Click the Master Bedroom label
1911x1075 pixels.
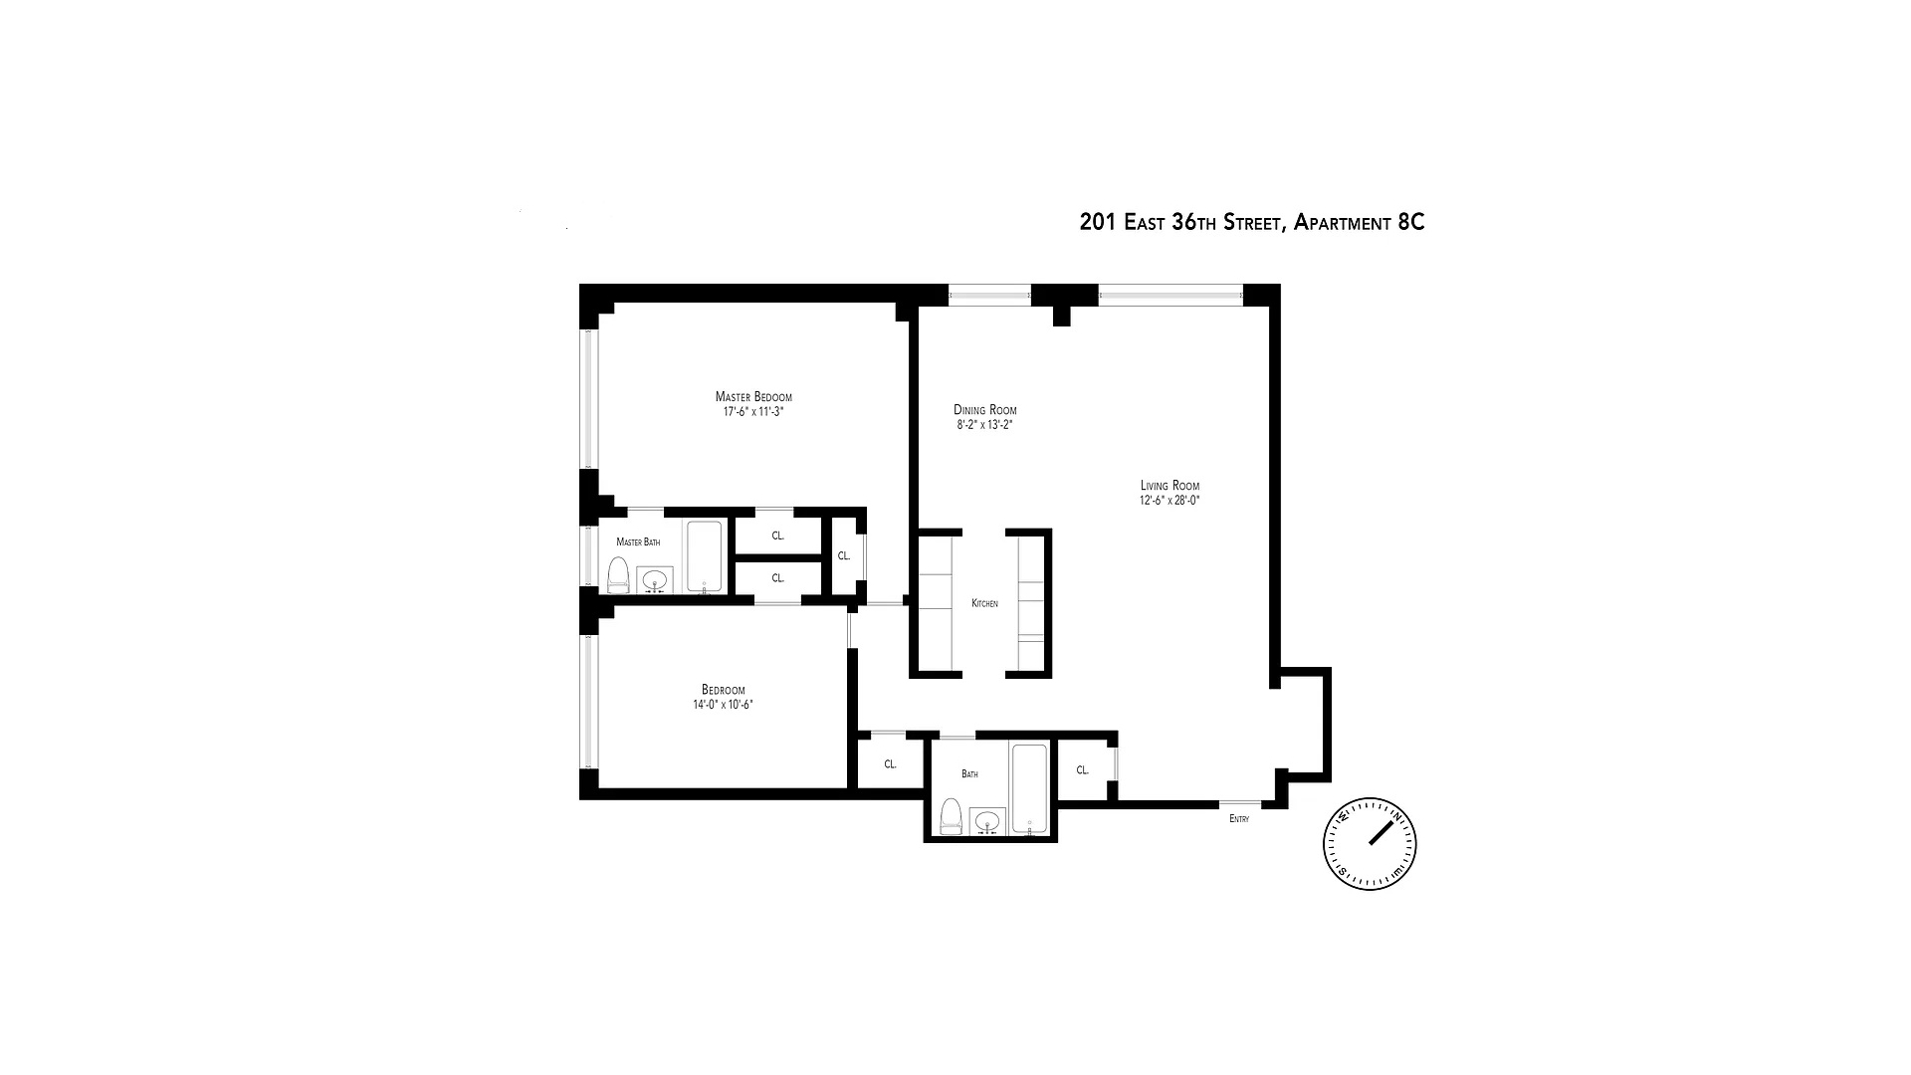[x=753, y=397]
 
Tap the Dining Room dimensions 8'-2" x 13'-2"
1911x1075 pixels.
[x=984, y=425]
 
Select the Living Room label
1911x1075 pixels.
[x=1169, y=486]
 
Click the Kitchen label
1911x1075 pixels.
[x=984, y=604]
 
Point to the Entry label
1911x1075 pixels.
[x=1239, y=819]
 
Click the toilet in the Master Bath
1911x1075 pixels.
[x=618, y=575]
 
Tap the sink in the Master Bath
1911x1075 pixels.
[x=655, y=579]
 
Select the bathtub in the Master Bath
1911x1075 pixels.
[x=704, y=556]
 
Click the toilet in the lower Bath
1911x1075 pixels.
[x=951, y=816]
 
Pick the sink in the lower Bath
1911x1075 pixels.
[x=986, y=821]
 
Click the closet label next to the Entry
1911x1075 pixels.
[x=1082, y=770]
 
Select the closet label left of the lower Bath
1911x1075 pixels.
[x=890, y=764]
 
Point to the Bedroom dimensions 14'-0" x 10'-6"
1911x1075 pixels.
[x=723, y=705]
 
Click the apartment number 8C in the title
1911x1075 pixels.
[x=1411, y=222]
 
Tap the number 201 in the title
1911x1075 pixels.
[x=1098, y=222]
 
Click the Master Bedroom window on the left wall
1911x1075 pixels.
[x=589, y=398]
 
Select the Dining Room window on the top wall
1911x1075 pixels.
[x=988, y=294]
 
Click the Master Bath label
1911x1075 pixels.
[x=638, y=542]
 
